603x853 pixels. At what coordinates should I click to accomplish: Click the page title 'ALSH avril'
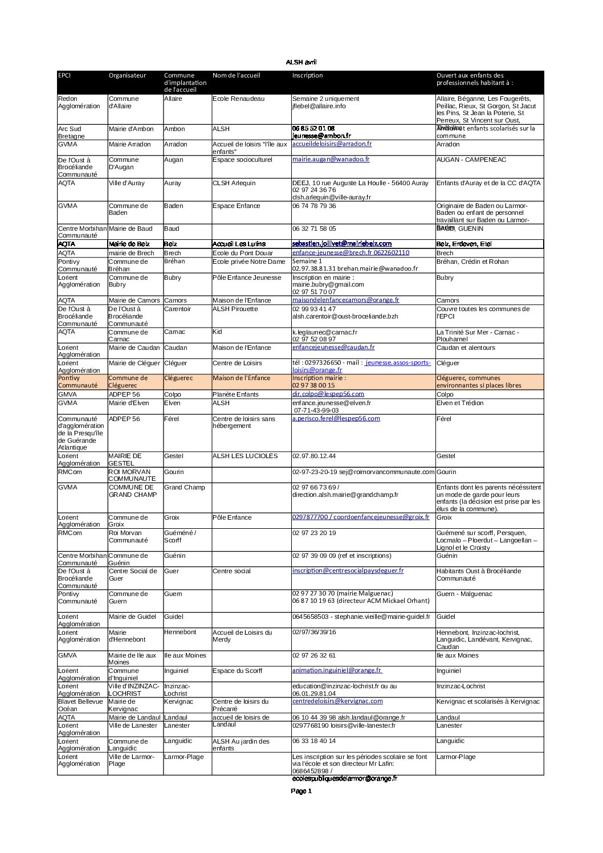301,62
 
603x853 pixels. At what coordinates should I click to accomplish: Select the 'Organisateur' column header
127,75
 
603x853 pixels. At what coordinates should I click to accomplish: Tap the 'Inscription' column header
307,75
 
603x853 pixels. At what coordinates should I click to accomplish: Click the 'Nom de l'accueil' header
236,75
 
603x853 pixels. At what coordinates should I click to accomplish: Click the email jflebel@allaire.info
319,106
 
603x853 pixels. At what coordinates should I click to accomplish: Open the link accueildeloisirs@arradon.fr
332,144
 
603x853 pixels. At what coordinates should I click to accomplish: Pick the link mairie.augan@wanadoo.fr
331,160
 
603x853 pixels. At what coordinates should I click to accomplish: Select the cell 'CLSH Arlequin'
234,183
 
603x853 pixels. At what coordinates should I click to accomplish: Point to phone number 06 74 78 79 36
314,206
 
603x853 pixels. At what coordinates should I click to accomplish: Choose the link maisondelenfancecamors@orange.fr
345,300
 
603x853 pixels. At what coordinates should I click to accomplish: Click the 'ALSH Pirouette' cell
235,309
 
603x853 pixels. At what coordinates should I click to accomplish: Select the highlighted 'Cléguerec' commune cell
178,378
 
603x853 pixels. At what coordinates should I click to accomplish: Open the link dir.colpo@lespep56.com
328,394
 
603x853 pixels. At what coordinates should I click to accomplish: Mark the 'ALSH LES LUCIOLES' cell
245,456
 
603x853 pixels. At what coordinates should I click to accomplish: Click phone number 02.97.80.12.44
314,456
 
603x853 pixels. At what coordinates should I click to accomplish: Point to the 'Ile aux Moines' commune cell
185,655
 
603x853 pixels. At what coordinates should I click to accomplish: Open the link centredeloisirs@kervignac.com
337,701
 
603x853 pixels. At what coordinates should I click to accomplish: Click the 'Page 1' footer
301,791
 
